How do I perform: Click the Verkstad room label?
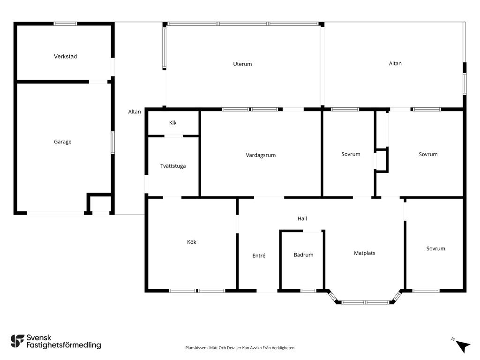point(65,56)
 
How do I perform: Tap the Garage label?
point(62,142)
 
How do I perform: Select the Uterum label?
point(242,64)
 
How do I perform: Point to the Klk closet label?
point(172,123)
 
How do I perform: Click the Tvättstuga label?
point(173,166)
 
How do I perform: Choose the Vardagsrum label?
point(261,155)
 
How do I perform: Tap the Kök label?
point(192,242)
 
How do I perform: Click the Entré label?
point(259,255)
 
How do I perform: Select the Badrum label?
point(303,255)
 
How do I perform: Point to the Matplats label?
point(364,253)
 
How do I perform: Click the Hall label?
point(302,218)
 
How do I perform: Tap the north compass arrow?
point(462,346)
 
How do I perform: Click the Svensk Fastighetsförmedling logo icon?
point(17,341)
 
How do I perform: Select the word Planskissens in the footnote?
point(197,348)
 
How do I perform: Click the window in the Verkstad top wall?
point(65,23)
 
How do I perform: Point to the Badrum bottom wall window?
point(308,291)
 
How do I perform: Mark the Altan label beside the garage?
point(135,112)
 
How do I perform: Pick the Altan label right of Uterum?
point(395,63)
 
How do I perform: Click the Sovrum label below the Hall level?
point(435,248)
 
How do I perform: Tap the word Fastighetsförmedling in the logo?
point(64,345)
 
